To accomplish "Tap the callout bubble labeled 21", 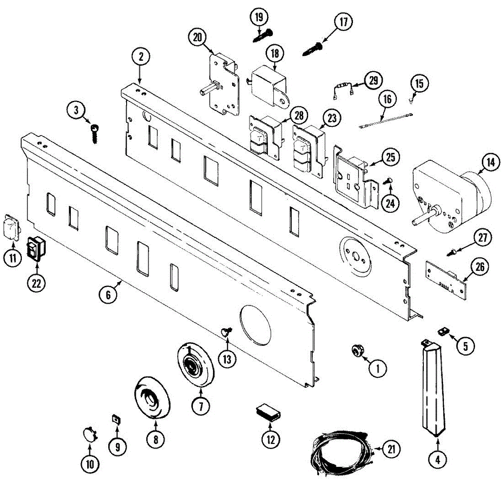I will point(391,449).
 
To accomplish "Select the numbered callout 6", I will point(108,295).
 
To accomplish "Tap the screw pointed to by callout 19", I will point(263,35).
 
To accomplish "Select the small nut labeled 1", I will point(357,350).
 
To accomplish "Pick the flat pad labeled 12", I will point(269,411).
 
